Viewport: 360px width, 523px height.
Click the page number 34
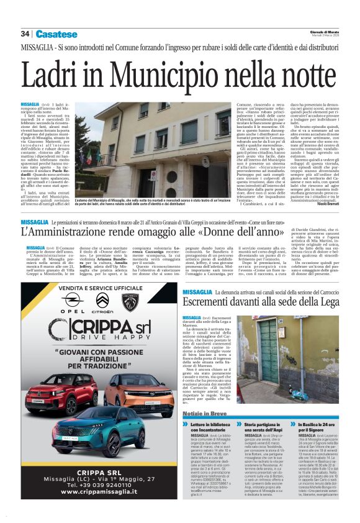[25, 34]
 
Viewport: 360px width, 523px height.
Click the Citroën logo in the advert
[102, 302]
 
